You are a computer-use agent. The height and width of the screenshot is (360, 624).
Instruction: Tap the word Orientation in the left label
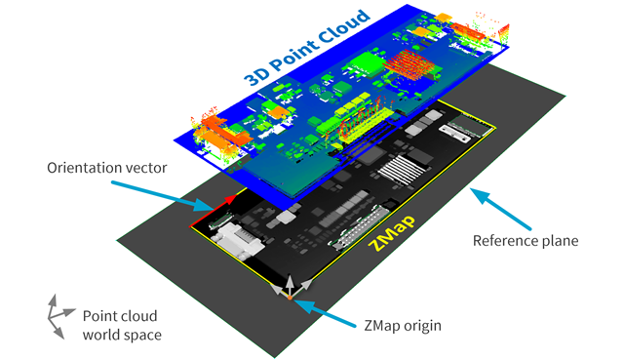(83, 168)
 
